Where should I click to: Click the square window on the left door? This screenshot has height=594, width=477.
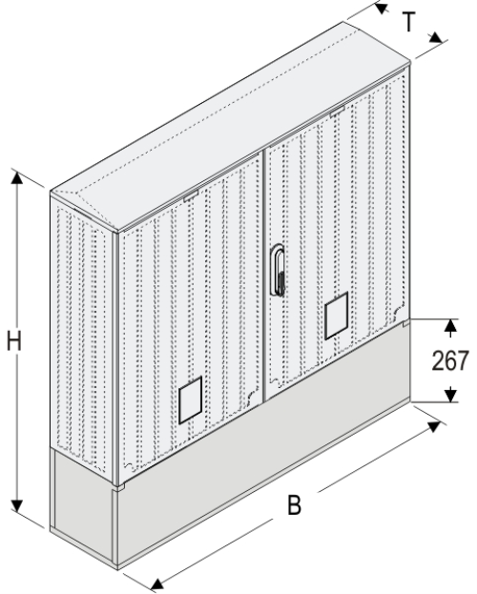pos(191,400)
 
